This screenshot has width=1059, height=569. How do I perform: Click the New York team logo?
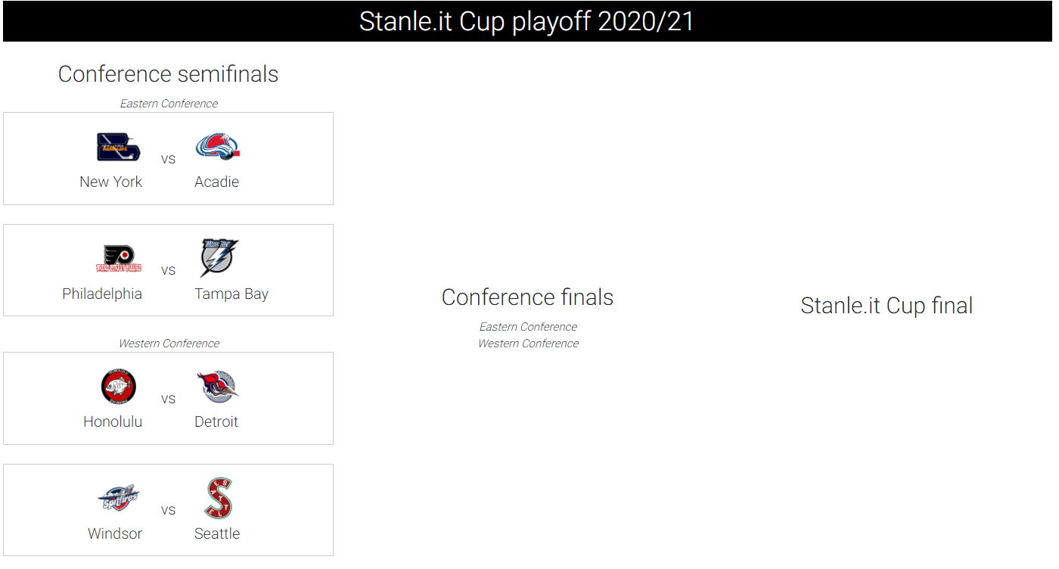pos(118,147)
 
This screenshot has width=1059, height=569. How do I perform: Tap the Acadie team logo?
pos(218,147)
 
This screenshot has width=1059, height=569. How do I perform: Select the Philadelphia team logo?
pos(119,259)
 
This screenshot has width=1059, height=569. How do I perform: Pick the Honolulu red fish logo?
pos(119,387)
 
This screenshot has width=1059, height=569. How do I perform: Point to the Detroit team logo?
pos(218,387)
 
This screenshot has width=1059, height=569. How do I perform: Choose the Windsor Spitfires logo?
pos(118,498)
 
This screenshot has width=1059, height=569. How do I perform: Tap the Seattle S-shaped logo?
pos(219,498)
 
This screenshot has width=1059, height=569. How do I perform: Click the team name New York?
pos(110,182)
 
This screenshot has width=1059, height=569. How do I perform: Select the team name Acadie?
pos(216,182)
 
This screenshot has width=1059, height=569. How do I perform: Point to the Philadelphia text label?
pos(102,294)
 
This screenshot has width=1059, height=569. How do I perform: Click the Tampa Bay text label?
pos(231,294)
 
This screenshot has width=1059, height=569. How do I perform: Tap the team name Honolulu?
pos(113,421)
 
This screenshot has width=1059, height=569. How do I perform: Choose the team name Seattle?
pos(217,533)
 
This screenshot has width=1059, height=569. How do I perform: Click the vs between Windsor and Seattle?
pos(168,510)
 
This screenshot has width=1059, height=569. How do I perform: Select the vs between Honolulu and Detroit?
pos(168,400)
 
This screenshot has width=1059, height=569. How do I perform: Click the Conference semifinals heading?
pos(168,74)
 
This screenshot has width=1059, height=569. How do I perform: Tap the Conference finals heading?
pos(528,297)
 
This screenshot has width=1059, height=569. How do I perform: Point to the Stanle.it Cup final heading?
pos(887,306)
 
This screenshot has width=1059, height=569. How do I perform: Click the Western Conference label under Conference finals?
pos(529,344)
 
